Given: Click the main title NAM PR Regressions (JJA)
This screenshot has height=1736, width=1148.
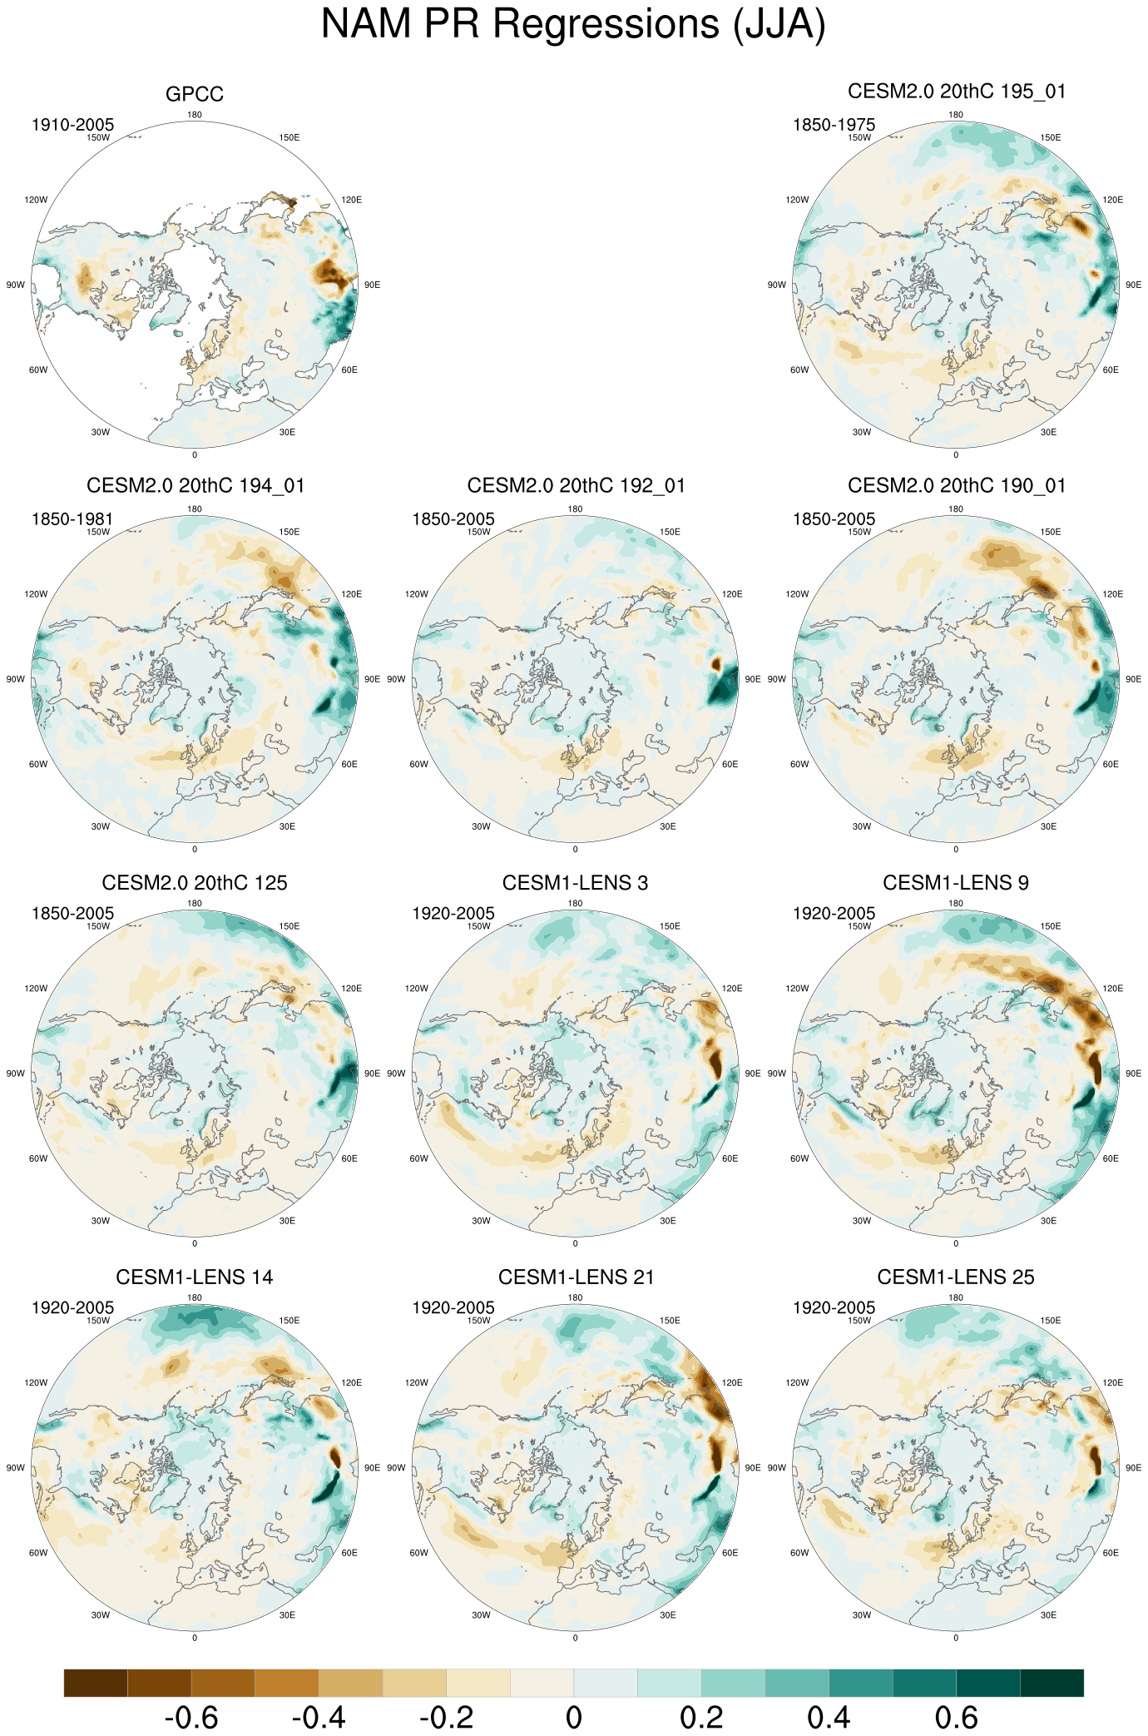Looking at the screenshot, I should click(x=573, y=24).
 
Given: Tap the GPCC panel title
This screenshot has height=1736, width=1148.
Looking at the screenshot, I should click(x=195, y=95).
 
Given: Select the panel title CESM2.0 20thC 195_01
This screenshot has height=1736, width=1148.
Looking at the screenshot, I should click(x=956, y=92).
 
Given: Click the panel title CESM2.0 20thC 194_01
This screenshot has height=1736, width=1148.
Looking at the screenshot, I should click(x=195, y=486).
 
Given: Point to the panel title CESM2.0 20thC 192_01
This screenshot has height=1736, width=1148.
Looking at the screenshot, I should click(x=576, y=486).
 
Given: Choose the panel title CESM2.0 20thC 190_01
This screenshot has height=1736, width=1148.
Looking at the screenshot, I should click(x=956, y=486).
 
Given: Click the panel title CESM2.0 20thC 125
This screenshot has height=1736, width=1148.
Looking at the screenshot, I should click(x=195, y=883).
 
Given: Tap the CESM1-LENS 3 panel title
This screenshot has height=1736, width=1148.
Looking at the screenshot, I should click(x=575, y=883).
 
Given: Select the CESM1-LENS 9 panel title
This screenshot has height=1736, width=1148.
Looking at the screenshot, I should click(x=955, y=883).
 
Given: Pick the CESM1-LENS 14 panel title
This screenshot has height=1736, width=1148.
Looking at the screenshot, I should click(x=195, y=1277).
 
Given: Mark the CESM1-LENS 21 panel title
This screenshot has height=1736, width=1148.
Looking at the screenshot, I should click(x=576, y=1277).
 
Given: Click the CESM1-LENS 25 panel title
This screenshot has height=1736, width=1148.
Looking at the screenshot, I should click(x=956, y=1277).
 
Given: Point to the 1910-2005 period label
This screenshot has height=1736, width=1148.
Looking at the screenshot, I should click(x=72, y=126).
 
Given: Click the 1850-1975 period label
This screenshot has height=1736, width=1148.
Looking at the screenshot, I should click(x=834, y=126).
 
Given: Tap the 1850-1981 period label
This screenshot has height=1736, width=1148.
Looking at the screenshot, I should click(x=72, y=520).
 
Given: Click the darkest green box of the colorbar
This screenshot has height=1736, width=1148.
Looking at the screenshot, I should click(x=1052, y=1683).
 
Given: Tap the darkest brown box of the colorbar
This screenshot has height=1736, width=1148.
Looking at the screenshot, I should click(x=96, y=1683).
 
